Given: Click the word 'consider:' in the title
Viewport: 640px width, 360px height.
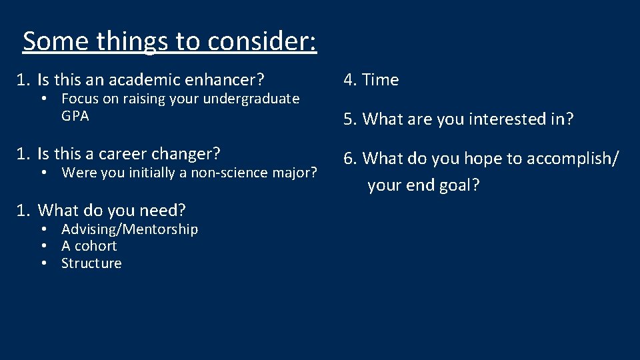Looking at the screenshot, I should click(262, 41).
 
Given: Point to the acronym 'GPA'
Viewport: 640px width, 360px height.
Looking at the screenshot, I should click(75, 116).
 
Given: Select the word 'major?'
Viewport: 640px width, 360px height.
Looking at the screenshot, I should click(297, 173).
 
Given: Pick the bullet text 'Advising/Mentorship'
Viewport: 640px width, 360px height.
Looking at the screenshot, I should click(129, 229).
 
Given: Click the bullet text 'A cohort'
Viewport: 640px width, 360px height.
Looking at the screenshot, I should click(89, 246).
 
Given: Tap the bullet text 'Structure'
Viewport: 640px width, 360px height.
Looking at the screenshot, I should click(91, 263).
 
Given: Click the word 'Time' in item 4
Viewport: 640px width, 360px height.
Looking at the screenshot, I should click(381, 80).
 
